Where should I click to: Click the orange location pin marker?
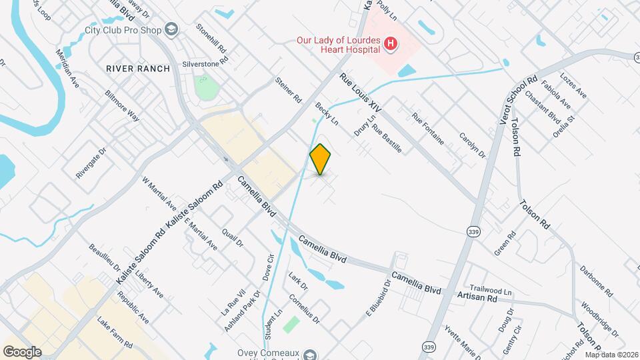pyautogui.click(x=321, y=159)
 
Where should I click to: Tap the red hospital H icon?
pyautogui.click(x=391, y=45)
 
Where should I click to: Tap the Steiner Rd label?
pyautogui.click(x=288, y=91)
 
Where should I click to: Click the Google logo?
pyautogui.click(x=23, y=351)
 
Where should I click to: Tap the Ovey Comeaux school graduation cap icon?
pyautogui.click(x=311, y=354)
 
